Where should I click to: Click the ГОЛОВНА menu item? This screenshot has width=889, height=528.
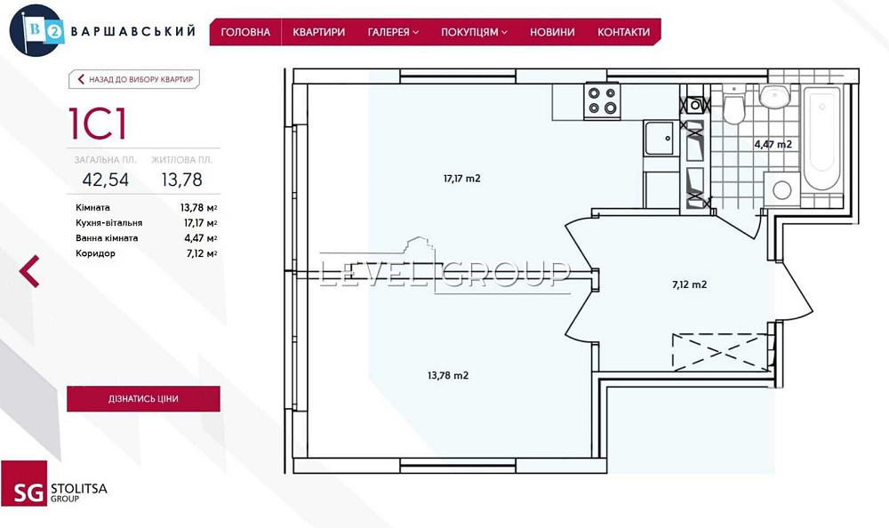tap(245, 32)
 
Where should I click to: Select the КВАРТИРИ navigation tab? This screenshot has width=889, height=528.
tap(318, 32)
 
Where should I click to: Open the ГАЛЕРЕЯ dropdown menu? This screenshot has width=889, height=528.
tap(393, 32)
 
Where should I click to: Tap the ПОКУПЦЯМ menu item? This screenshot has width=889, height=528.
tap(474, 32)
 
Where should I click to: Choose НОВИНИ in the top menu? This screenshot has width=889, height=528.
tap(552, 32)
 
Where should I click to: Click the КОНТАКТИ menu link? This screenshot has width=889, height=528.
tap(623, 32)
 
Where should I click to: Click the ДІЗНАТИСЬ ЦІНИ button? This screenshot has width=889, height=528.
tap(143, 399)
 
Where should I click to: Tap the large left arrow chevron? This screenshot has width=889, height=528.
tap(30, 271)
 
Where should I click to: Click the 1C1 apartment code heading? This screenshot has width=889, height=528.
tap(97, 124)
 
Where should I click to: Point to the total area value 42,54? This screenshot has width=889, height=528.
tap(105, 180)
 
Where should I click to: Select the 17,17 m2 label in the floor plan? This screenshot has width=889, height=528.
tap(462, 179)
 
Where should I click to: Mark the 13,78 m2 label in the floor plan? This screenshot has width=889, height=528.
tap(448, 375)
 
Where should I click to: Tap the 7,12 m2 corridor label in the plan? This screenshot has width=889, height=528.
tap(689, 285)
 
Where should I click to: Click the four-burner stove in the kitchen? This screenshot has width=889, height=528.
tap(601, 100)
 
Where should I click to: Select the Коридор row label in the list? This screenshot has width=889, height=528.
tap(96, 253)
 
